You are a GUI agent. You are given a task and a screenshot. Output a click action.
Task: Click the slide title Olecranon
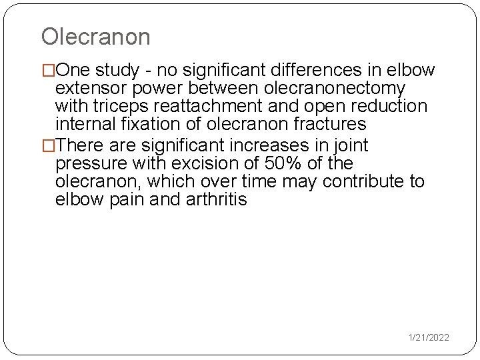pos(96,37)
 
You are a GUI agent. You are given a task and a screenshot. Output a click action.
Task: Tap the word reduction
pos(388,106)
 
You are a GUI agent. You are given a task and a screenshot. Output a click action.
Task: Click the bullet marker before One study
pos(49,70)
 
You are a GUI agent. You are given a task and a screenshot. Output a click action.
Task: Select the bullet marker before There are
pos(49,145)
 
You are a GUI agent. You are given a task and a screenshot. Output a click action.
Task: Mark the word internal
pos(85,124)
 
